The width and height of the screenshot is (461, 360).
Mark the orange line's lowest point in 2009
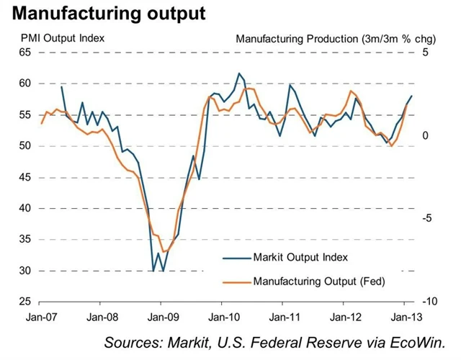click(x=164, y=252)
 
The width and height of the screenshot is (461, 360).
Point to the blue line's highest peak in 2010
click(x=239, y=73)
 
